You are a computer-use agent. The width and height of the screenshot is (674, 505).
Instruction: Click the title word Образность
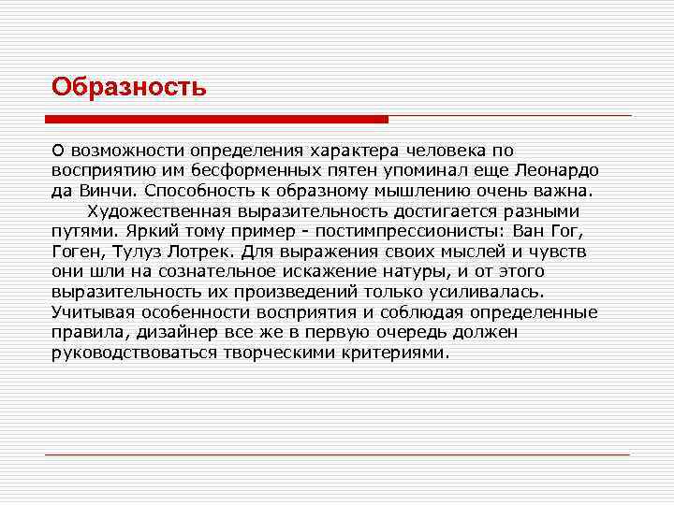128,87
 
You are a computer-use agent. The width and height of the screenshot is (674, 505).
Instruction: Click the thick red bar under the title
216,119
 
